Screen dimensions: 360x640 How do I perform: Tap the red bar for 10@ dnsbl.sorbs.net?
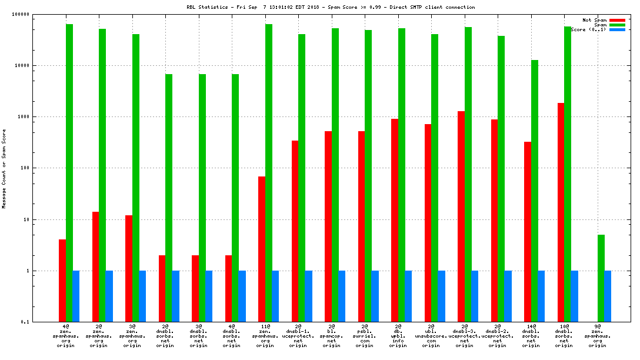[x=561, y=212]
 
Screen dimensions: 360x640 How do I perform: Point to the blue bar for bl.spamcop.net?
[x=342, y=296]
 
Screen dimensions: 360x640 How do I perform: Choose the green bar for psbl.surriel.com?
[x=368, y=176]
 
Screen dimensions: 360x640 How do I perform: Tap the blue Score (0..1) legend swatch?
[x=617, y=29]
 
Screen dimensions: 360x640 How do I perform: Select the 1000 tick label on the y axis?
[x=39, y=117]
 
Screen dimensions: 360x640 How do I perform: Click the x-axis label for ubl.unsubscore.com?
[x=431, y=335]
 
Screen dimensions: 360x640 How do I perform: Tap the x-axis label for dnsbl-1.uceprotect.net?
[x=298, y=335]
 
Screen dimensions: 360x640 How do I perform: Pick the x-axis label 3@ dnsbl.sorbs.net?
[x=198, y=335]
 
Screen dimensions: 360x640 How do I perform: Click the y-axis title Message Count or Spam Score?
[x=4, y=168]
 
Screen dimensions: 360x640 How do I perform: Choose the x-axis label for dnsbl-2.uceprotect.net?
[x=498, y=335]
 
